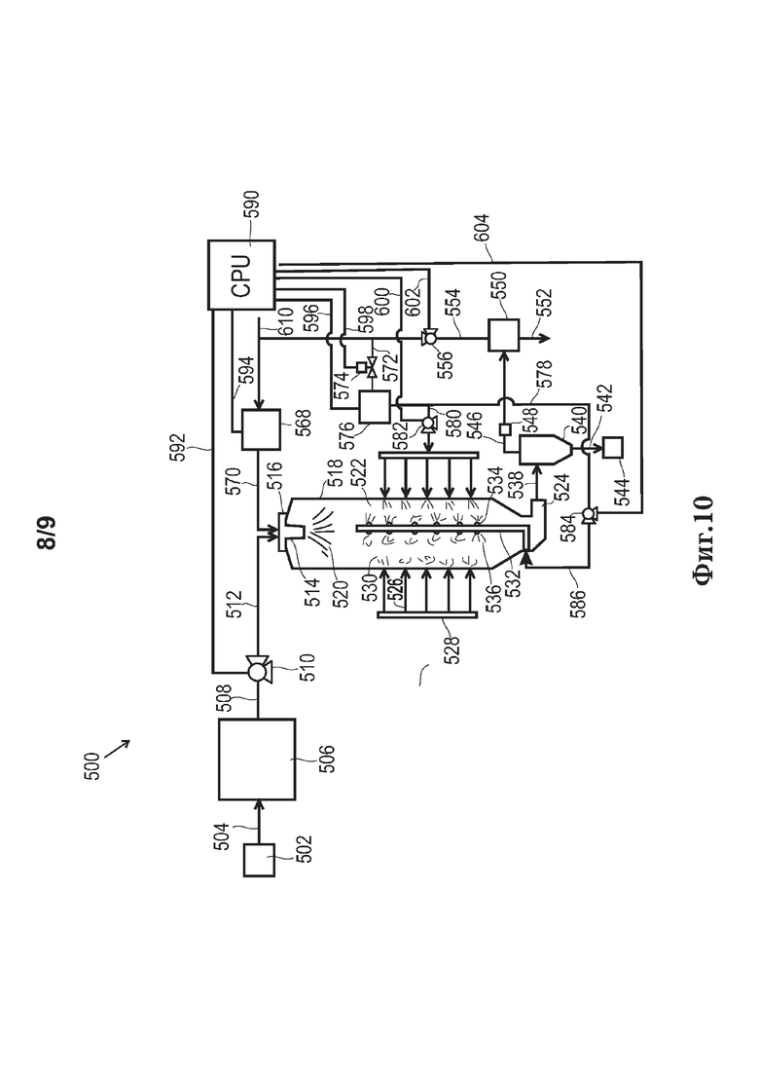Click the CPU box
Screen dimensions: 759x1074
[241, 275]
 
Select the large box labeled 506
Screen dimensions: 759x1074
[257, 759]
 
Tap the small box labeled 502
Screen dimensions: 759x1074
[260, 861]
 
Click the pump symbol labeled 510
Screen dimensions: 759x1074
[258, 669]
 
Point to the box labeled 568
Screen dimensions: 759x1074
[262, 429]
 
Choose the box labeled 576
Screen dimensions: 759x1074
[375, 407]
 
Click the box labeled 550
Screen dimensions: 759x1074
[503, 336]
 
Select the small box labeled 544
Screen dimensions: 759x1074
[612, 447]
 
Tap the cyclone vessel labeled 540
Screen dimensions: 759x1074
[544, 448]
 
